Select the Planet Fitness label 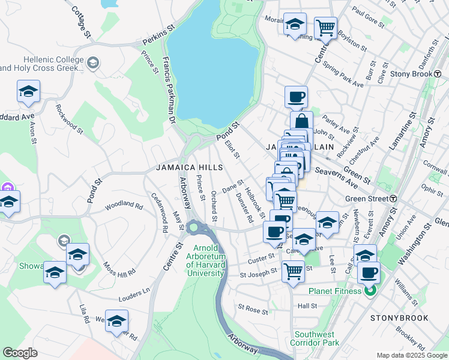pos(336,292)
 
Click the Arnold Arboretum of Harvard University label pos(209,260)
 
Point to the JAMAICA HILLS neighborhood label pos(190,168)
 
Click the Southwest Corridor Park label pos(316,338)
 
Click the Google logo pos(20,352)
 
